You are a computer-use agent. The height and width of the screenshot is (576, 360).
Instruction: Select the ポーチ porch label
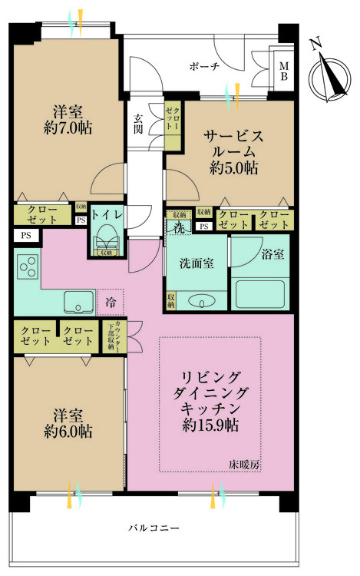point(205,67)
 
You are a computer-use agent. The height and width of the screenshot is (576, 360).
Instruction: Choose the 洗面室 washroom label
point(197,263)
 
